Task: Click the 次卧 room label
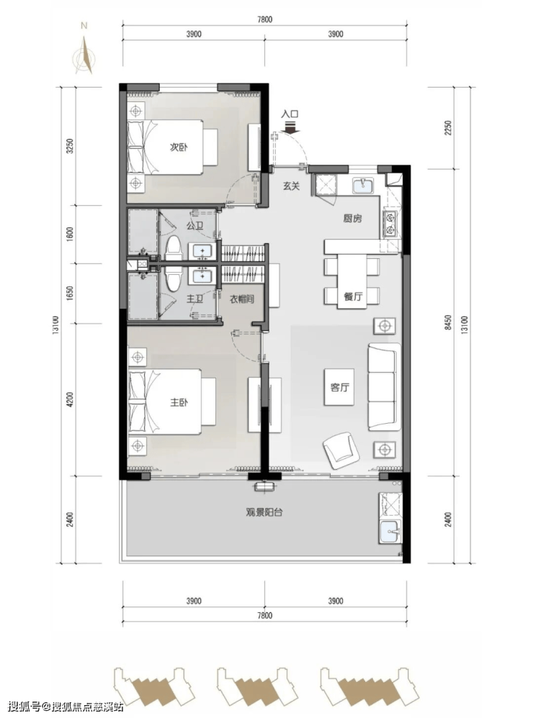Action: (179, 147)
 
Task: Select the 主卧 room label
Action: (179, 402)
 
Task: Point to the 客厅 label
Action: (339, 387)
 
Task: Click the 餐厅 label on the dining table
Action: (353, 296)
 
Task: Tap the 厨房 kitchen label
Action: (352, 219)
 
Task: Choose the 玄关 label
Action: (291, 186)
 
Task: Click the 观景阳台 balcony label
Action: (264, 512)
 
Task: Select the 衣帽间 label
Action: (241, 299)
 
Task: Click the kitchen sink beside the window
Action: (363, 186)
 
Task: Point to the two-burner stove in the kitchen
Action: (390, 224)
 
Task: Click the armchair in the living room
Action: (340, 450)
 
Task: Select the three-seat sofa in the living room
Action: (384, 387)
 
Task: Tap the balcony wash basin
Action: (390, 531)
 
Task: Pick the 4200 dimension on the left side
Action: (69, 399)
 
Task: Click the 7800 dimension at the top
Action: (264, 19)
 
